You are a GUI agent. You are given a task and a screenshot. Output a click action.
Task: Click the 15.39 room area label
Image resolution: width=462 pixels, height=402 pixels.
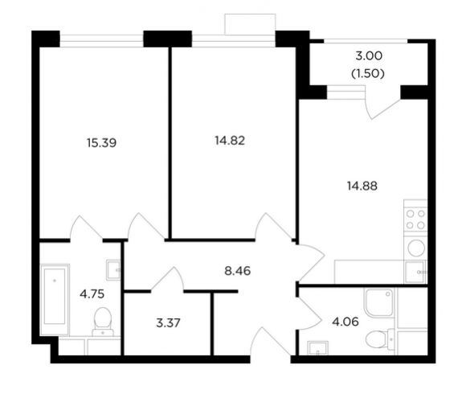click(102, 143)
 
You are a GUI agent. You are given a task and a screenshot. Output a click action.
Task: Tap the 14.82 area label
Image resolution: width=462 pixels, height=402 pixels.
click(230, 141)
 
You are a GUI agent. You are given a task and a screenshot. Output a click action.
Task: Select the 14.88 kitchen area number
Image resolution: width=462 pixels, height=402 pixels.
click(362, 186)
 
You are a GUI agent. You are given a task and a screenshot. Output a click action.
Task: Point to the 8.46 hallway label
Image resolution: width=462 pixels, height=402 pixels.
click(238, 271)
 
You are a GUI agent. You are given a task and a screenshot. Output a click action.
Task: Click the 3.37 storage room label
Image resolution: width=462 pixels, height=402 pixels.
click(168, 323)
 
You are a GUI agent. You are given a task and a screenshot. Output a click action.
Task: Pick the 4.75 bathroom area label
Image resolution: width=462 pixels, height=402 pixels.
click(92, 294)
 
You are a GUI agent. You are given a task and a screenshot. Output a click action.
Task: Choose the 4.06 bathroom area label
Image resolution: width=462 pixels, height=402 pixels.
click(345, 322)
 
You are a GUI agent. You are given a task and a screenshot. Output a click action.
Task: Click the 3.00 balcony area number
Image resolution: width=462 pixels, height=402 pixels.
click(369, 55)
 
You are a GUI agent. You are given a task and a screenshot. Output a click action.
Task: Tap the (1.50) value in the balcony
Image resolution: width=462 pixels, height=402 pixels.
click(368, 74)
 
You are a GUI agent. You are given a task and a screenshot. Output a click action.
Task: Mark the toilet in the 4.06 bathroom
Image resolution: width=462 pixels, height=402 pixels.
click(380, 338)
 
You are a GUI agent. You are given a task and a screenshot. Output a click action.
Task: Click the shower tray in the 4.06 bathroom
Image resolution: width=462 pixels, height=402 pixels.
click(379, 302)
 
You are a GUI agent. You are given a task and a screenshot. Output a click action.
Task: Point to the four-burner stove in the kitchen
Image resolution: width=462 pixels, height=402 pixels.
click(415, 219)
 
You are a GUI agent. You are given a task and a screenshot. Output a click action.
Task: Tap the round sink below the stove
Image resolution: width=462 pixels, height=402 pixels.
click(416, 247)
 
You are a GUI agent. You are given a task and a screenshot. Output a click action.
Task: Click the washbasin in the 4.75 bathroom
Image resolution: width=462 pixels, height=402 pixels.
click(113, 270)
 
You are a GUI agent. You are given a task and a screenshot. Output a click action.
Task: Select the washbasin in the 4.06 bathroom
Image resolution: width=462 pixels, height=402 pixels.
click(317, 348)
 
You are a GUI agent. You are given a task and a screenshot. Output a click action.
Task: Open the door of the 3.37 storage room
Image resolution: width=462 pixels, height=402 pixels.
click(167, 279)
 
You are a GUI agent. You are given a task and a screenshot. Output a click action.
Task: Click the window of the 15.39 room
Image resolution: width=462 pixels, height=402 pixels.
click(102, 41)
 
